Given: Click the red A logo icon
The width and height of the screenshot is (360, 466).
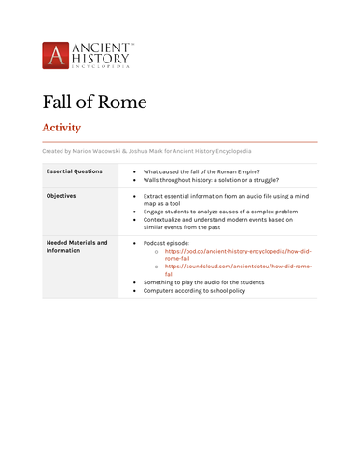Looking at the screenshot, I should coord(56,54).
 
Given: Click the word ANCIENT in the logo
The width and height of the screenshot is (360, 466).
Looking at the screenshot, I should coord(103,47).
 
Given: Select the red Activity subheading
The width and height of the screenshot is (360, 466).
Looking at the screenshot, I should coord(62,128).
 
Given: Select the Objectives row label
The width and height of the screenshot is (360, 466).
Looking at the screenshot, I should coord(62,197).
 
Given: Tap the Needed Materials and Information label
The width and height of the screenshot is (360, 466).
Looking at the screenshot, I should coord(76,247).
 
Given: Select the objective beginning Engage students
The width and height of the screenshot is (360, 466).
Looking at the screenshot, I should coord(220,212).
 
